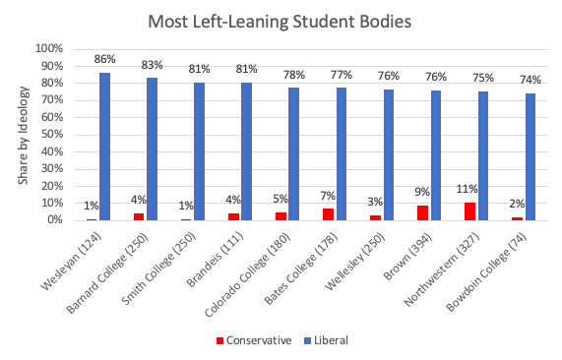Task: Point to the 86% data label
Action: point(104,60)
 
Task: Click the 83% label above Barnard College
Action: point(152,65)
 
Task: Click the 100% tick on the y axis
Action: point(49,48)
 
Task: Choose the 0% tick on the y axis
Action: point(54,220)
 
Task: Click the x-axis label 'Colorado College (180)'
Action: point(258,267)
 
